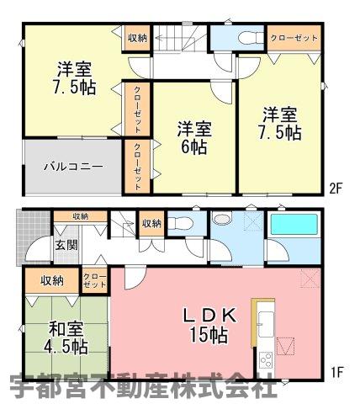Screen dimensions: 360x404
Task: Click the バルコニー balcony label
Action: pyautogui.click(x=73, y=167)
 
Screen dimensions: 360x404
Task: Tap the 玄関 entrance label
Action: pyautogui.click(x=66, y=246)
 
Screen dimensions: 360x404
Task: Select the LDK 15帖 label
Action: pyautogui.click(x=209, y=325)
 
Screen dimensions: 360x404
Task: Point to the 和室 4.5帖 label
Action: pyautogui.click(x=66, y=338)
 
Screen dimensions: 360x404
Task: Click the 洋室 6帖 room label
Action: pyautogui.click(x=194, y=138)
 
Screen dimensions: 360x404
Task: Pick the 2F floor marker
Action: pyautogui.click(x=336, y=189)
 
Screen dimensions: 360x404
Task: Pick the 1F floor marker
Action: pyautogui.click(x=337, y=373)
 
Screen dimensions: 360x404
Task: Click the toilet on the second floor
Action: pyautogui.click(x=251, y=38)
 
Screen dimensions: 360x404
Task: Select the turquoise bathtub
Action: pyautogui.click(x=294, y=225)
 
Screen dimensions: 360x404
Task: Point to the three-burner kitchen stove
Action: pyautogui.click(x=266, y=359)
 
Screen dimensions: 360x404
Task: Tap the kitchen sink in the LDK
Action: pyautogui.click(x=266, y=324)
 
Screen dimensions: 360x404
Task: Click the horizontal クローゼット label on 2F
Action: pyautogui.click(x=294, y=38)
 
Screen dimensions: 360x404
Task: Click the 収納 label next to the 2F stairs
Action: pyautogui.click(x=137, y=38)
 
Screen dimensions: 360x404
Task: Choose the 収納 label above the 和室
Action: pyautogui.click(x=52, y=281)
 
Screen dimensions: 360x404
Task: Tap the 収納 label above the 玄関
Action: pyautogui.click(x=81, y=216)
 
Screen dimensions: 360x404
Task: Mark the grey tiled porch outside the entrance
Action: pyautogui.click(x=33, y=237)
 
